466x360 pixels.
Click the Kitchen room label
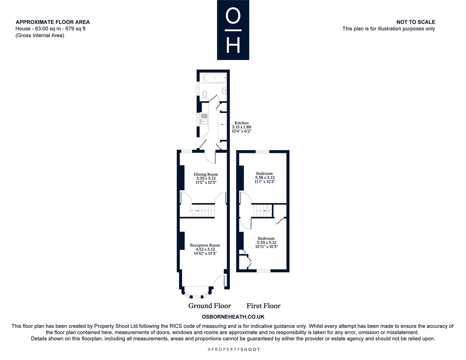click(241, 123)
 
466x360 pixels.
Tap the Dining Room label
click(206, 174)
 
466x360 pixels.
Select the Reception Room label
click(205, 245)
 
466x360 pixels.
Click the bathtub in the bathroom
click(215, 78)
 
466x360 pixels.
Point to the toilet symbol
click(205, 96)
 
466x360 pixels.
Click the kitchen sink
click(204, 119)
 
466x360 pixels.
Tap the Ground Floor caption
click(210, 306)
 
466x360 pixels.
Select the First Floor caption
click(263, 306)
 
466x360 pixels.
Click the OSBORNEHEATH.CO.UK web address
click(233, 317)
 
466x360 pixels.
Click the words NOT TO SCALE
click(416, 22)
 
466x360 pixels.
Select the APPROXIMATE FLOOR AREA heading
click(53, 22)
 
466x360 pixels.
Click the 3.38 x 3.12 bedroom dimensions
click(265, 178)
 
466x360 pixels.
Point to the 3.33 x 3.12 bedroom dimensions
click(267, 243)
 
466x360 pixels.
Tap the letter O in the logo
click(233, 16)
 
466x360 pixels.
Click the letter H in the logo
click(233, 45)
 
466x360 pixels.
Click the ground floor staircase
click(203, 210)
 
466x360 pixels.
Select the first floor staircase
click(262, 210)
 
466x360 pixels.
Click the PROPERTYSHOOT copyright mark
click(234, 349)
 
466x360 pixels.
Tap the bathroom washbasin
click(224, 91)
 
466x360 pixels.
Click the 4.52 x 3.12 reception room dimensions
click(205, 249)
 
